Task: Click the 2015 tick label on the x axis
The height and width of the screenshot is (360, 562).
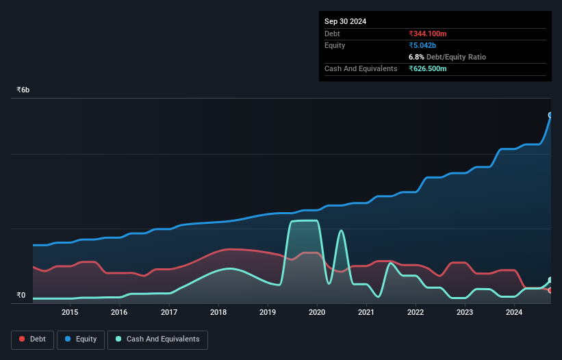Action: click(x=70, y=313)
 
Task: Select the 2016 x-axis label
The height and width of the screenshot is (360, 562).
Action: click(x=119, y=313)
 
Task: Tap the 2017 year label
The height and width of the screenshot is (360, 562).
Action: click(x=169, y=313)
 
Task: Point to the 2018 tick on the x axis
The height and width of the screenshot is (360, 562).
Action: click(x=218, y=313)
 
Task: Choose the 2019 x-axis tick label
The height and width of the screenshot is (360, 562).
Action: click(x=268, y=313)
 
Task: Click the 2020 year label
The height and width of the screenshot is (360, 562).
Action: click(x=317, y=313)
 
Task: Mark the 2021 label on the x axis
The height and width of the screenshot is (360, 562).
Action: click(x=366, y=313)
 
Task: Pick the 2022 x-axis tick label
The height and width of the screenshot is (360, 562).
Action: click(x=416, y=313)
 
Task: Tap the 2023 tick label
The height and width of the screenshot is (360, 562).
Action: click(x=465, y=313)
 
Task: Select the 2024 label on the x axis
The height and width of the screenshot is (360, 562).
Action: click(x=514, y=313)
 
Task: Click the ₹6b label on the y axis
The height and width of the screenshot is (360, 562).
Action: click(x=23, y=90)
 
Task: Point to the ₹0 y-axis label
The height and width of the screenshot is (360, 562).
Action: click(x=21, y=296)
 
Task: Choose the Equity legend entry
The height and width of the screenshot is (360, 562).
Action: click(x=81, y=339)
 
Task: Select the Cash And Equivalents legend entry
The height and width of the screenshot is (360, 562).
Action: click(x=157, y=339)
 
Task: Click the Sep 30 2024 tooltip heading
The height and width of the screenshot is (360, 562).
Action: click(x=345, y=21)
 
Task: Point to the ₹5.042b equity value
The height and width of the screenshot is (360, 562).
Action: click(x=425, y=45)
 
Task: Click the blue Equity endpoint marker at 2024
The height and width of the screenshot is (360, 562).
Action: click(x=550, y=115)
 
